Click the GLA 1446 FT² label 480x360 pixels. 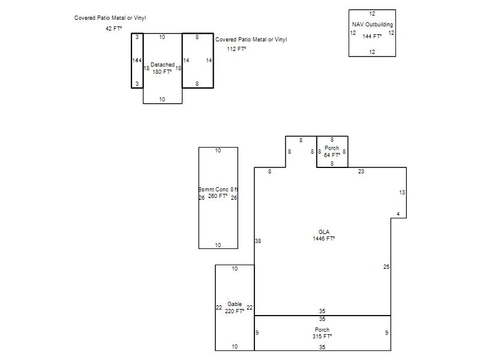coord(324,235)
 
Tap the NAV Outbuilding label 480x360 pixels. coord(372,25)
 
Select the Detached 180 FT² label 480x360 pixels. coord(162,68)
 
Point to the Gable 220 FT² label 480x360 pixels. coord(235,308)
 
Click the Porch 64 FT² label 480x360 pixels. coord(332,152)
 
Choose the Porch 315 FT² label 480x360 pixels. coord(322,333)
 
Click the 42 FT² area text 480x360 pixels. coord(113,28)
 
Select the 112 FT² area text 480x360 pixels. coord(236,49)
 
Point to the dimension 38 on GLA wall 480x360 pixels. coord(258,241)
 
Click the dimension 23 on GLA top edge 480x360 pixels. coord(361,172)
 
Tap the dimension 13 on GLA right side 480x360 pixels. coord(402,193)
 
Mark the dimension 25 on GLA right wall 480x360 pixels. coord(386,267)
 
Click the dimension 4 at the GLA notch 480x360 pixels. coord(398,214)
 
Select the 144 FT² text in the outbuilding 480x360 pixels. coord(372,37)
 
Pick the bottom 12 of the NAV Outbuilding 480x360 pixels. coord(372,52)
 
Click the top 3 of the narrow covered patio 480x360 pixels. coord(137,37)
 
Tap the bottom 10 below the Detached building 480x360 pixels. coord(162,100)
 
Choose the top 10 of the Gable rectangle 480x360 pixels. coord(235,269)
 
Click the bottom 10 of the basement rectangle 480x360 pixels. coord(218,245)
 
